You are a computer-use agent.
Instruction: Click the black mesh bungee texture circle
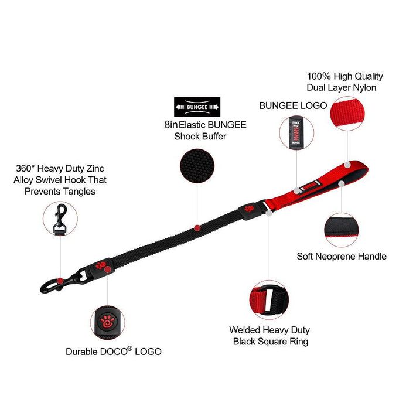click(x=197, y=165)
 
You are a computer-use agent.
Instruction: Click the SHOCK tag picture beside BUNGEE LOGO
click(x=297, y=134)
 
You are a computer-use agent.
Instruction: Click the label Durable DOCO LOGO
click(x=114, y=352)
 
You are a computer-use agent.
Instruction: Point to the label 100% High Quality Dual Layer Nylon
click(x=345, y=82)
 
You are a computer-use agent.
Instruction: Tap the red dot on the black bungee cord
click(x=198, y=227)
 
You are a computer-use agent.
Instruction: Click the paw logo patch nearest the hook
click(x=101, y=267)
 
